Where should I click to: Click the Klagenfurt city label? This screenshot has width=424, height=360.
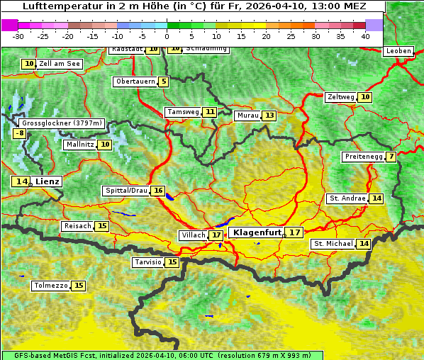pyautogui.click(x=257, y=232)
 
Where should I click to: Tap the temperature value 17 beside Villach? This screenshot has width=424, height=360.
pyautogui.click(x=216, y=235)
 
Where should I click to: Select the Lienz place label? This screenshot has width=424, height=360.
pyautogui.click(x=48, y=181)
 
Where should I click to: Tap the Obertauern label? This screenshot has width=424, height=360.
pyautogui.click(x=135, y=81)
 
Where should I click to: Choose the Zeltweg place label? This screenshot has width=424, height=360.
pyautogui.click(x=340, y=97)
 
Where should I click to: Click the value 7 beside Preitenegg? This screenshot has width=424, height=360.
pyautogui.click(x=391, y=157)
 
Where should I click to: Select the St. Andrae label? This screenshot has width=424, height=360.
pyautogui.click(x=347, y=198)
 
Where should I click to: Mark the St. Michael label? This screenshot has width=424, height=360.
pyautogui.click(x=333, y=244)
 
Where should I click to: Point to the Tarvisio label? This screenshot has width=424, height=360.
pyautogui.click(x=148, y=262)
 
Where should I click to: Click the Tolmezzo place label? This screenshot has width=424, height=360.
pyautogui.click(x=51, y=286)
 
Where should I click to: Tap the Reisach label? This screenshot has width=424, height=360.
pyautogui.click(x=77, y=226)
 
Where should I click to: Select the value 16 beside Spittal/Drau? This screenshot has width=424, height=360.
pyautogui.click(x=158, y=191)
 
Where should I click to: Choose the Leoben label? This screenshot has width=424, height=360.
pyautogui.click(x=398, y=51)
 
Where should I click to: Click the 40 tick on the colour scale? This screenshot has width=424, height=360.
pyautogui.click(x=365, y=36)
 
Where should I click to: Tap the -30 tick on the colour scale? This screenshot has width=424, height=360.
pyautogui.click(x=18, y=36)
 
